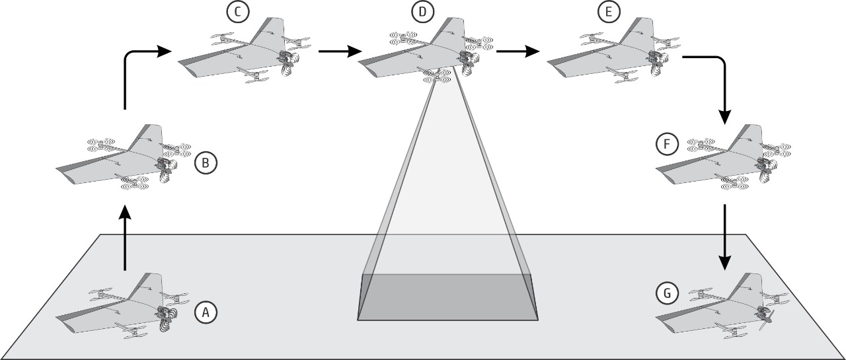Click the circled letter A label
(x=206, y=312)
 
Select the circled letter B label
(x=206, y=163)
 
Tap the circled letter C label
(x=237, y=12)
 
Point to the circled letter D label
(x=422, y=12)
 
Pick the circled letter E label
(x=609, y=12)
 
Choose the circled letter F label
(x=667, y=144)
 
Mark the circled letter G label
(x=667, y=293)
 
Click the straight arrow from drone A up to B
(x=125, y=238)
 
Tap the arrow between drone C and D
(x=340, y=51)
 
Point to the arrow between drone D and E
(x=518, y=51)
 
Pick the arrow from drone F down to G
(x=724, y=237)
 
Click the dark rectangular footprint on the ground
(x=447, y=297)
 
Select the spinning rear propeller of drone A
(x=168, y=320)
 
